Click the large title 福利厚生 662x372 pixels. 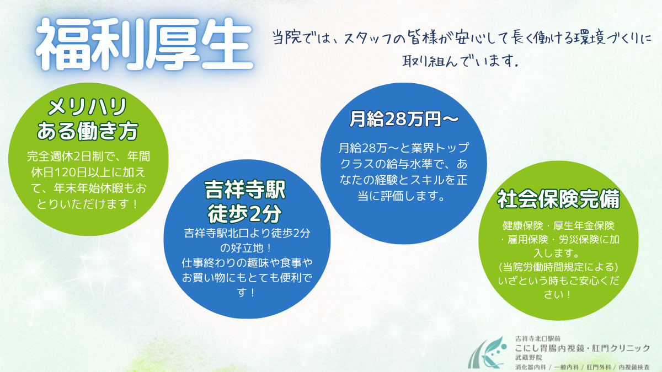click(x=145, y=44)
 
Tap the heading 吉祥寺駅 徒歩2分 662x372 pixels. click(x=245, y=202)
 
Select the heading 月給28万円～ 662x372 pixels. click(x=404, y=119)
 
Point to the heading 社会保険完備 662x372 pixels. click(x=558, y=199)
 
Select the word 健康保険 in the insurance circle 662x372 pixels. click(x=522, y=226)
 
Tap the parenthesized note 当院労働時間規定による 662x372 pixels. click(x=558, y=267)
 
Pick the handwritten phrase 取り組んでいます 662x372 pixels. click(x=460, y=61)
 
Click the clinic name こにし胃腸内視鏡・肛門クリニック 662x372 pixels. click(x=583, y=348)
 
